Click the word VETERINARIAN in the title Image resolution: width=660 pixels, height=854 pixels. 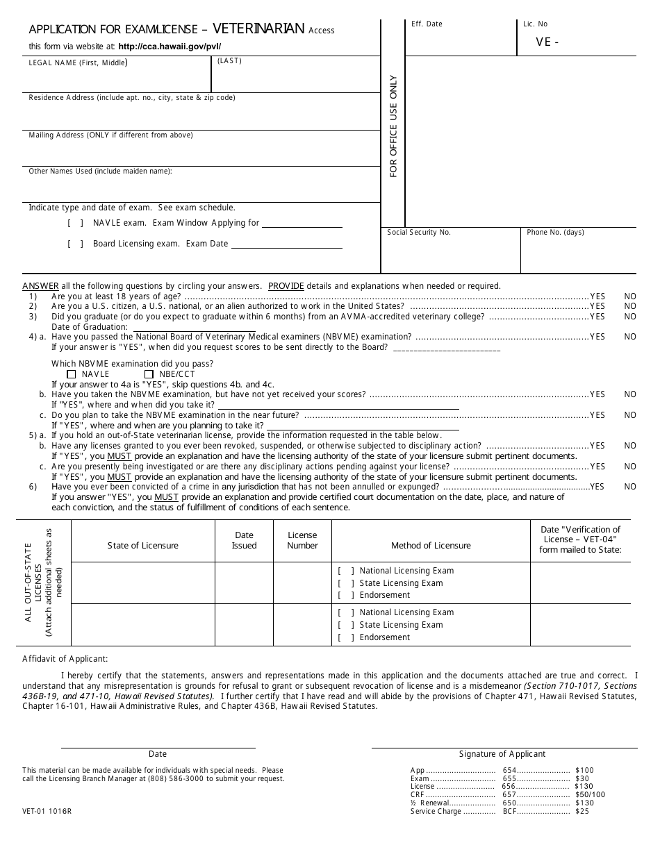[258, 28]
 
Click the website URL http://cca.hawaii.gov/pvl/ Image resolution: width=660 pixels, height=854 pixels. [170, 47]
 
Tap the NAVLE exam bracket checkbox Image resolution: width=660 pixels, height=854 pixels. [76, 224]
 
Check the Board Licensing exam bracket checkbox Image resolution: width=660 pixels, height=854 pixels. [76, 244]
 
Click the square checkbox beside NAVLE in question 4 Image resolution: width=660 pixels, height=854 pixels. [72, 374]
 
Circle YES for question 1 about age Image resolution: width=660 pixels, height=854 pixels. [597, 296]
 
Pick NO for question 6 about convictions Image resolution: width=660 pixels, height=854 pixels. [629, 487]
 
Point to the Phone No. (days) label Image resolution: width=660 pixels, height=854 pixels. [555, 233]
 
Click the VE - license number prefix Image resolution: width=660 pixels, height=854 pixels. [547, 42]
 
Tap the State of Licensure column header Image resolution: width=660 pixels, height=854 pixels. [142, 546]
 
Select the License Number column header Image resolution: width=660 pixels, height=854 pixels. [302, 541]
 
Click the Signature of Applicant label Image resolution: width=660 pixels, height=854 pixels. [502, 754]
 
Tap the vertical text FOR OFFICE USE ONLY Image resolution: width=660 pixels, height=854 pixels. [393, 126]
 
